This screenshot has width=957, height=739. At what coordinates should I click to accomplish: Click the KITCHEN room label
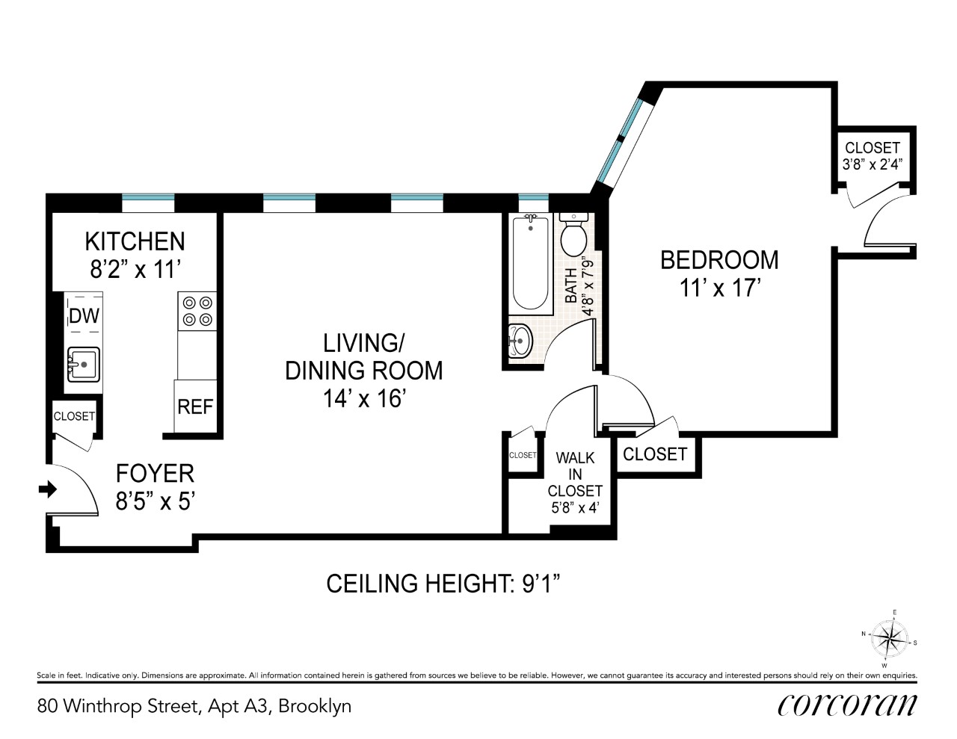click(x=135, y=241)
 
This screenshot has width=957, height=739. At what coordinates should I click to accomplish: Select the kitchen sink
click(x=84, y=365)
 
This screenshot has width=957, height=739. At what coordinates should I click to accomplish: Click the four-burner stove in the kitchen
click(x=197, y=311)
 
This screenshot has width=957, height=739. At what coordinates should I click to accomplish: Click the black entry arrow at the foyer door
click(x=48, y=489)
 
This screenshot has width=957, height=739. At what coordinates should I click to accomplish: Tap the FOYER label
click(x=155, y=474)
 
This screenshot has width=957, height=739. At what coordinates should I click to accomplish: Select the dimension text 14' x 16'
click(x=364, y=399)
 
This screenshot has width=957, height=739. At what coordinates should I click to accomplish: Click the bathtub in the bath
click(x=531, y=264)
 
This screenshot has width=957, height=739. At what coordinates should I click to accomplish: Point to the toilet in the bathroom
click(x=573, y=235)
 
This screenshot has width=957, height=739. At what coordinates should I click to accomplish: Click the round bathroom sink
click(x=520, y=341)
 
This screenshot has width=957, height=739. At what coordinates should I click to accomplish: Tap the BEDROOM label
click(x=719, y=260)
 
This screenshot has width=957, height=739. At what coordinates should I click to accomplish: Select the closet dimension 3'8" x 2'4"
click(x=873, y=164)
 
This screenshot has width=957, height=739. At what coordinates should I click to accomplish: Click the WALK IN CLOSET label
click(x=575, y=474)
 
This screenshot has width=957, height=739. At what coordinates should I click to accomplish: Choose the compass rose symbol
click(x=889, y=639)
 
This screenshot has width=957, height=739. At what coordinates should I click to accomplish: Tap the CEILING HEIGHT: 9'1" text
click(x=443, y=584)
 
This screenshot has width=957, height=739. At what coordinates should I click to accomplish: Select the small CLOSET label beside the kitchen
click(x=74, y=416)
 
